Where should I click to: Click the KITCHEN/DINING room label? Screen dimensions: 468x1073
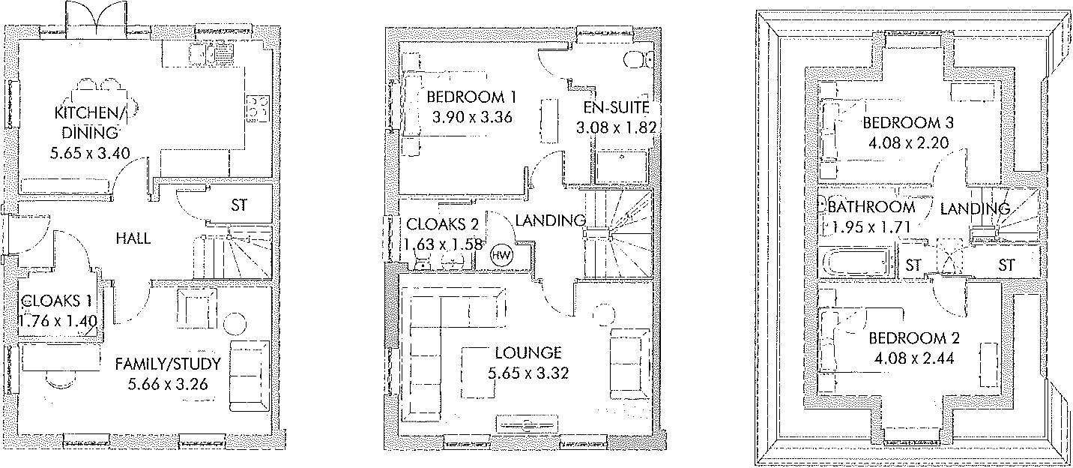click(x=87, y=123)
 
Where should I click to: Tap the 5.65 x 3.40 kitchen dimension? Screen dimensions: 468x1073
click(x=87, y=153)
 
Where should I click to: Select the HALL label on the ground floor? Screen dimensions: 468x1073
click(x=133, y=238)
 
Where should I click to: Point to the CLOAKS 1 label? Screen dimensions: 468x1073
click(x=58, y=301)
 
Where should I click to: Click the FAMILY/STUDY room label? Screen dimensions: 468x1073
click(x=168, y=364)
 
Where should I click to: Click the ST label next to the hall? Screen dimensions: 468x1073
click(x=238, y=205)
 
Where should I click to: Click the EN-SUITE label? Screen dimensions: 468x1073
click(x=617, y=107)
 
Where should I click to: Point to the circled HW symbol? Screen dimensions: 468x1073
click(x=501, y=256)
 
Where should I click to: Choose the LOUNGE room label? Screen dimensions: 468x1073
click(x=528, y=352)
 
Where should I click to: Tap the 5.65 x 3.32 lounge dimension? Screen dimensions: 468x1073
click(x=528, y=372)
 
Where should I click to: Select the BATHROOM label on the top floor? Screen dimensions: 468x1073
click(x=871, y=206)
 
